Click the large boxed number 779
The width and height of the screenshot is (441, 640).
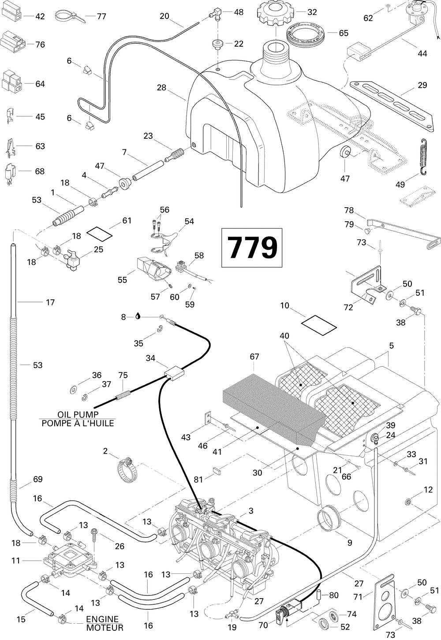click(x=252, y=247)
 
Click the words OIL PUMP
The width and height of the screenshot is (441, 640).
click(x=78, y=414)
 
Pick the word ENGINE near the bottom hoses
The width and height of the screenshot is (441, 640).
click(x=105, y=619)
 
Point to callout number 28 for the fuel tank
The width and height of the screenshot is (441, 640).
click(x=161, y=87)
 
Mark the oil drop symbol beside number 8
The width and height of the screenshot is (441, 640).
click(x=138, y=316)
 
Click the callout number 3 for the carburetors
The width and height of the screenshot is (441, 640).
click(x=251, y=511)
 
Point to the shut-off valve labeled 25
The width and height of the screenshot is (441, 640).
click(x=71, y=259)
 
